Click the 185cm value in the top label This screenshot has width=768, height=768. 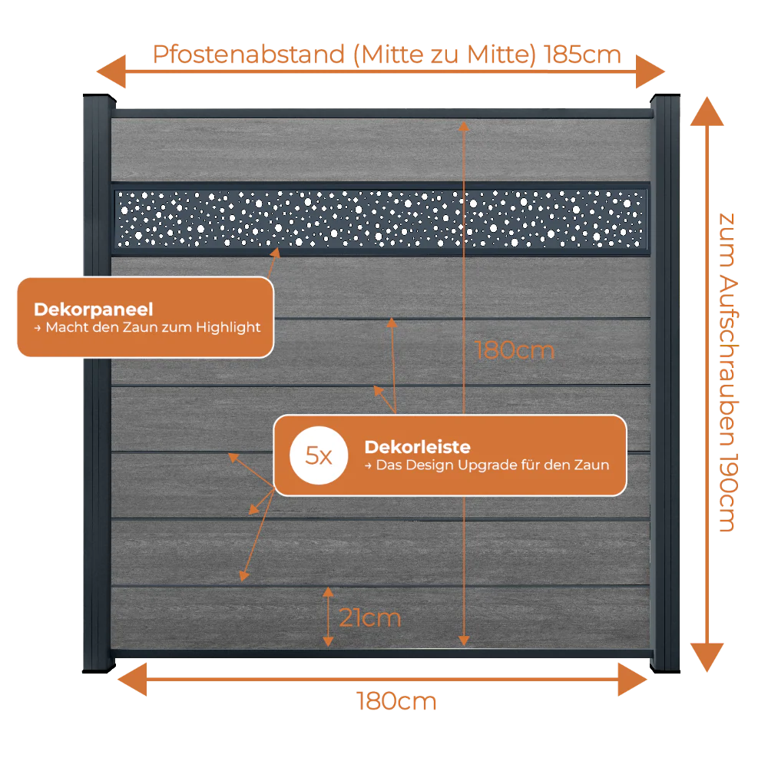tap(582, 55)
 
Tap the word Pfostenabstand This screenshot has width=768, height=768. tap(249, 55)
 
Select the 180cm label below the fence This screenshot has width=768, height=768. tap(396, 701)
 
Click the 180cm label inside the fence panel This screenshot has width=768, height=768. tap(515, 351)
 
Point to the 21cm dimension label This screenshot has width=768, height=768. tap(370, 617)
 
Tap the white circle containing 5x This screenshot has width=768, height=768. tap(319, 455)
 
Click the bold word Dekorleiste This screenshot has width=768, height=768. tap(417, 447)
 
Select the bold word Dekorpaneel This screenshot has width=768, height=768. tap(94, 309)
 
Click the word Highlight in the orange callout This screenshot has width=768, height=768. tap(228, 327)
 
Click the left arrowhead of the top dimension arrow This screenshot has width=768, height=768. tap(111, 71)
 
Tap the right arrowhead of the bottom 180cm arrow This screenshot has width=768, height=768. tap(632, 680)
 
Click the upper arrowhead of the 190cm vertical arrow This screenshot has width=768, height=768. tap(707, 111)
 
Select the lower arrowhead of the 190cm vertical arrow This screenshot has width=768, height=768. tap(707, 657)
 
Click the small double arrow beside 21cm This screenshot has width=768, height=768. tap(328, 617)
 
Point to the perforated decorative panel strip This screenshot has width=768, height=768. tap(381, 218)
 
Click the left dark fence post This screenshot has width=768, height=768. tap(98, 383)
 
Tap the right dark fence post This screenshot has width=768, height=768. tap(665, 383)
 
